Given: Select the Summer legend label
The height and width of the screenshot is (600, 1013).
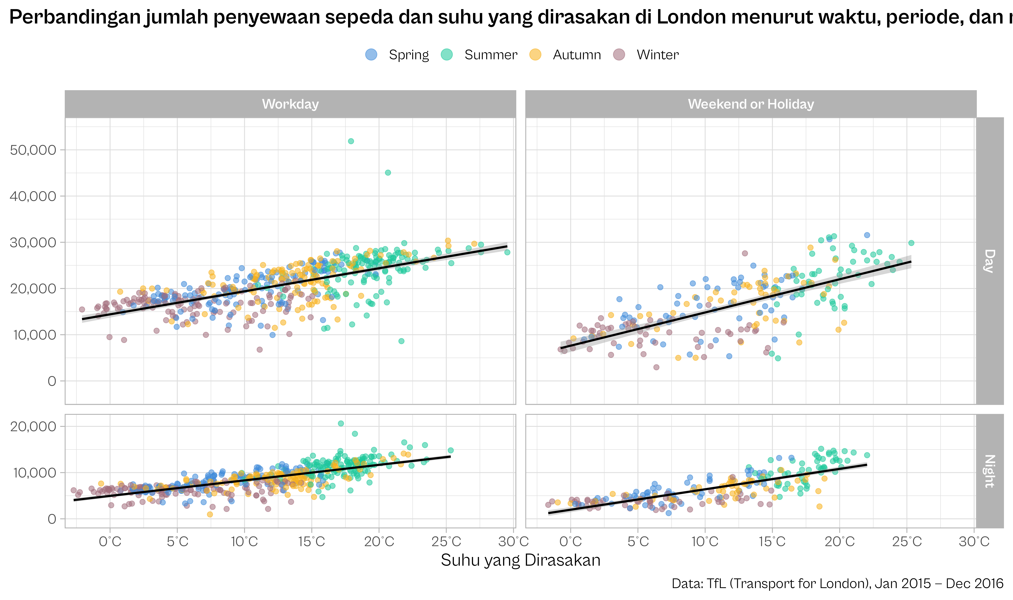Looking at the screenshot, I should (x=491, y=55).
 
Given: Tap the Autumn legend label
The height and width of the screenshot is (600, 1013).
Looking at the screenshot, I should (x=577, y=55).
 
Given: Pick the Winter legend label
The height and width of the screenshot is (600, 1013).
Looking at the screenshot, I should (x=657, y=55).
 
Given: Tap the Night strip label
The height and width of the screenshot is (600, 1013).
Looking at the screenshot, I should (x=989, y=471).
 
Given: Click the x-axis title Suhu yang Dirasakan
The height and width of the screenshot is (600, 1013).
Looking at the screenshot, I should (x=520, y=560).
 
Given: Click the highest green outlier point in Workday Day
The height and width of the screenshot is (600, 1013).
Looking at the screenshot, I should (x=351, y=141).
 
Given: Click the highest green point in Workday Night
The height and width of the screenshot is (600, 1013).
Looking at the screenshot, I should (x=341, y=423).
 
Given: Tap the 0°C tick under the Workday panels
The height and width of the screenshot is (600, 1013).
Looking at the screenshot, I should (x=110, y=541).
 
